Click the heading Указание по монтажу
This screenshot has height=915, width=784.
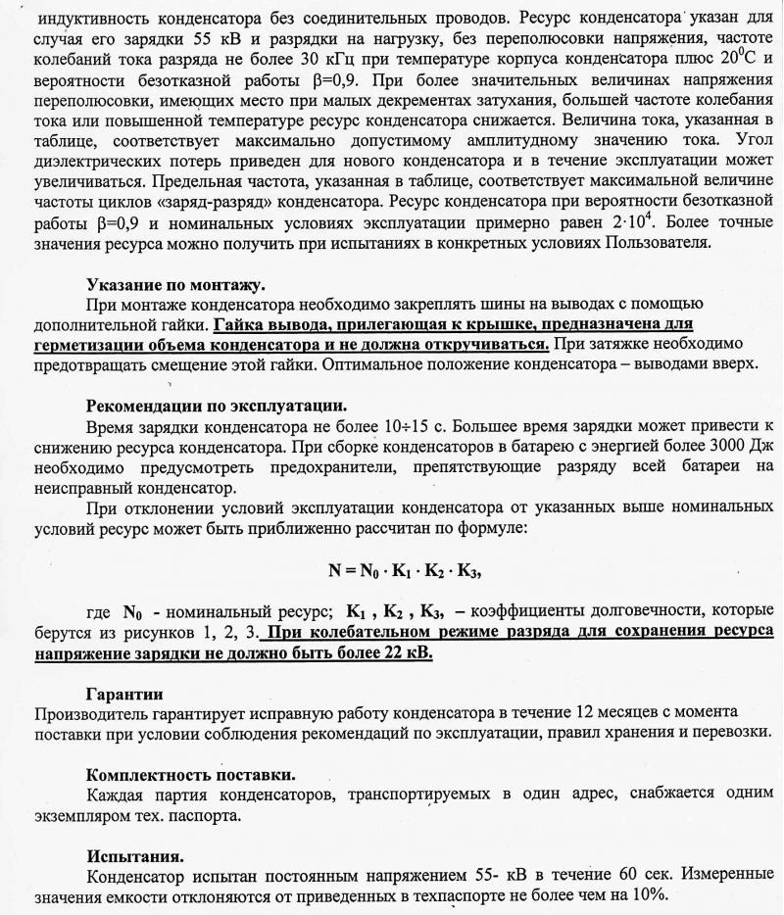(174, 285)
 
